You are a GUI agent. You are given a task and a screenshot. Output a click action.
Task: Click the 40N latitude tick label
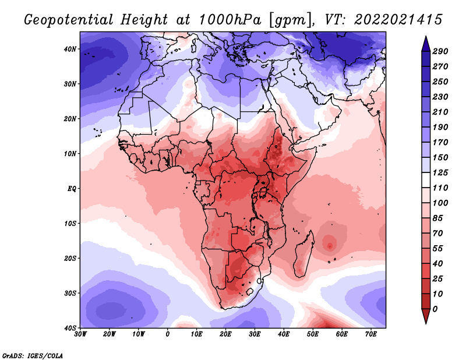[x=70, y=49]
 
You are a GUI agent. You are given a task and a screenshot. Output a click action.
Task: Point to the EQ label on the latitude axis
[x=72, y=189]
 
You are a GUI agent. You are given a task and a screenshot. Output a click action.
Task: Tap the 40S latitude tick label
[x=70, y=328]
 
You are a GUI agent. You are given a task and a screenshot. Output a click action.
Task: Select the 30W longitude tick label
[x=80, y=334]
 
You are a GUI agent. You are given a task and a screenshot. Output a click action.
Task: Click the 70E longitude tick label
[x=371, y=334]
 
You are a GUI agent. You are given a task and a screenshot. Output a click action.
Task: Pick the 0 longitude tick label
[x=168, y=334]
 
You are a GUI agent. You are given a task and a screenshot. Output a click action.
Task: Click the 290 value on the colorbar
[x=440, y=51]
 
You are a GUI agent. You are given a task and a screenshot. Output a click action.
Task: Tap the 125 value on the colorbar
[x=440, y=172]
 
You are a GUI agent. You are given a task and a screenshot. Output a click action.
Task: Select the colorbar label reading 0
[x=435, y=309]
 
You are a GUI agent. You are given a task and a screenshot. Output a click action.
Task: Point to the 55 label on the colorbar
[x=438, y=249]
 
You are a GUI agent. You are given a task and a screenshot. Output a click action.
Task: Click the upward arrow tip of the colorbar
[x=426, y=36]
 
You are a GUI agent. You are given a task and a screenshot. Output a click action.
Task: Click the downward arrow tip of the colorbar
[x=426, y=323]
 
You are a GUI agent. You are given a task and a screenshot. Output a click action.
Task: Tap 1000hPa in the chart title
[x=230, y=20]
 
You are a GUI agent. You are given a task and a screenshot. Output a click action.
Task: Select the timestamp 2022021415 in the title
[x=398, y=20]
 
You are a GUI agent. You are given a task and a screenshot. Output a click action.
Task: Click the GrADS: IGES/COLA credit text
[x=33, y=355]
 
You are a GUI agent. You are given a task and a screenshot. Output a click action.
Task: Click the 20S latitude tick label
[x=70, y=258]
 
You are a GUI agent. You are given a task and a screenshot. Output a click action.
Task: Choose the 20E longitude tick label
[x=225, y=334]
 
